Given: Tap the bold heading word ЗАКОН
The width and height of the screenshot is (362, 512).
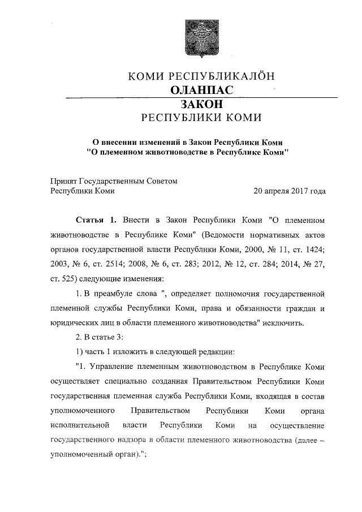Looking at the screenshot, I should (x=197, y=104).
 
